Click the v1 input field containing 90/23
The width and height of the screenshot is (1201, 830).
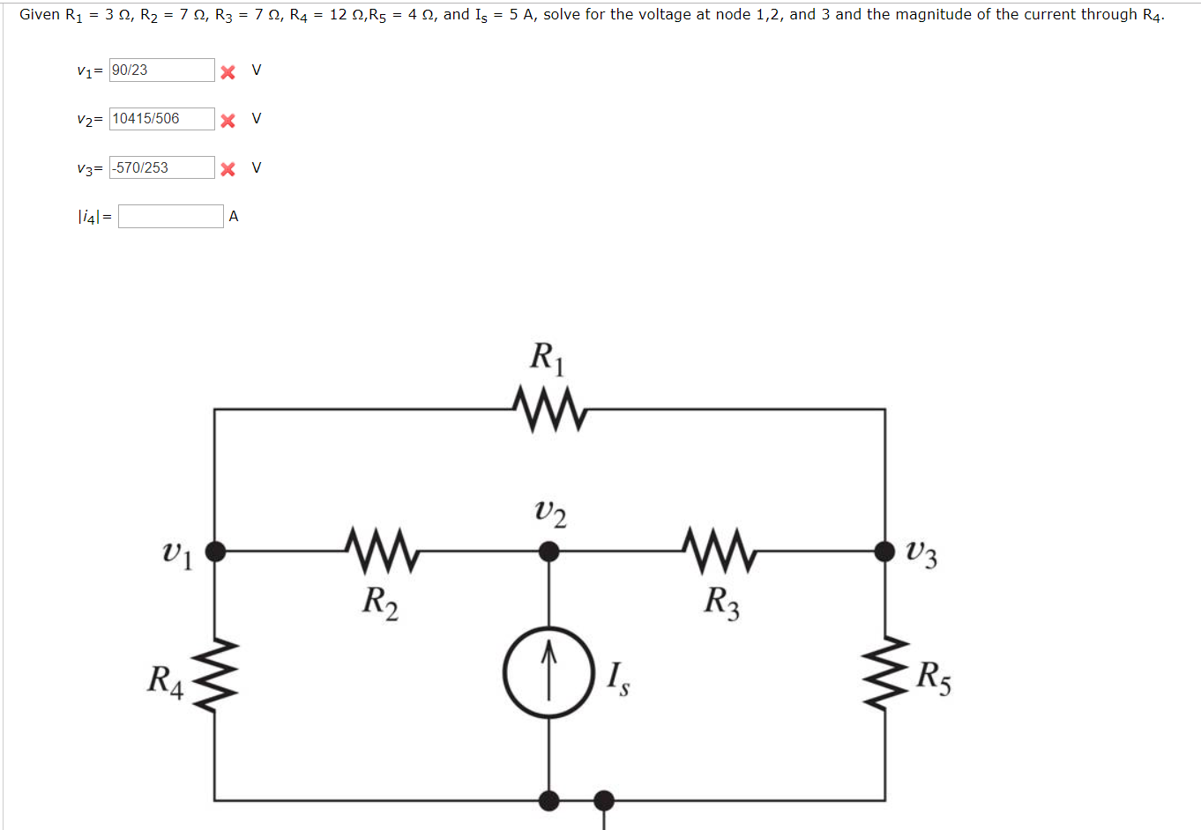click(x=161, y=70)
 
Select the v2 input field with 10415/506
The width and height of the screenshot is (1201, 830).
click(x=161, y=119)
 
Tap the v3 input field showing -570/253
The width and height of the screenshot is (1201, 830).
click(x=161, y=167)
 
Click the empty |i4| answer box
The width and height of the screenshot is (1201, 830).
click(x=170, y=217)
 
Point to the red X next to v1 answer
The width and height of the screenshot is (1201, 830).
click(x=228, y=71)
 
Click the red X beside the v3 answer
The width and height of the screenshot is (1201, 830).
click(x=228, y=169)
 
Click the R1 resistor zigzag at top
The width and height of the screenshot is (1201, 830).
click(x=548, y=409)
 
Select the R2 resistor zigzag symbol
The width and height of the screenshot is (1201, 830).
click(x=381, y=551)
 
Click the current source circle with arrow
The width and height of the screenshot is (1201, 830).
click(x=548, y=674)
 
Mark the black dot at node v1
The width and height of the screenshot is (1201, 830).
click(x=215, y=552)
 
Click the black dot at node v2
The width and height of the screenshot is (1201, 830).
click(x=548, y=552)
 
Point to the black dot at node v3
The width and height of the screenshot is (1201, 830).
click(x=884, y=552)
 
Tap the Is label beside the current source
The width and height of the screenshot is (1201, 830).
click(x=618, y=678)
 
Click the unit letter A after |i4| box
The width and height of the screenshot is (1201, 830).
click(x=234, y=217)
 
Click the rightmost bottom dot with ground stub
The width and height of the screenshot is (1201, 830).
click(x=604, y=800)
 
